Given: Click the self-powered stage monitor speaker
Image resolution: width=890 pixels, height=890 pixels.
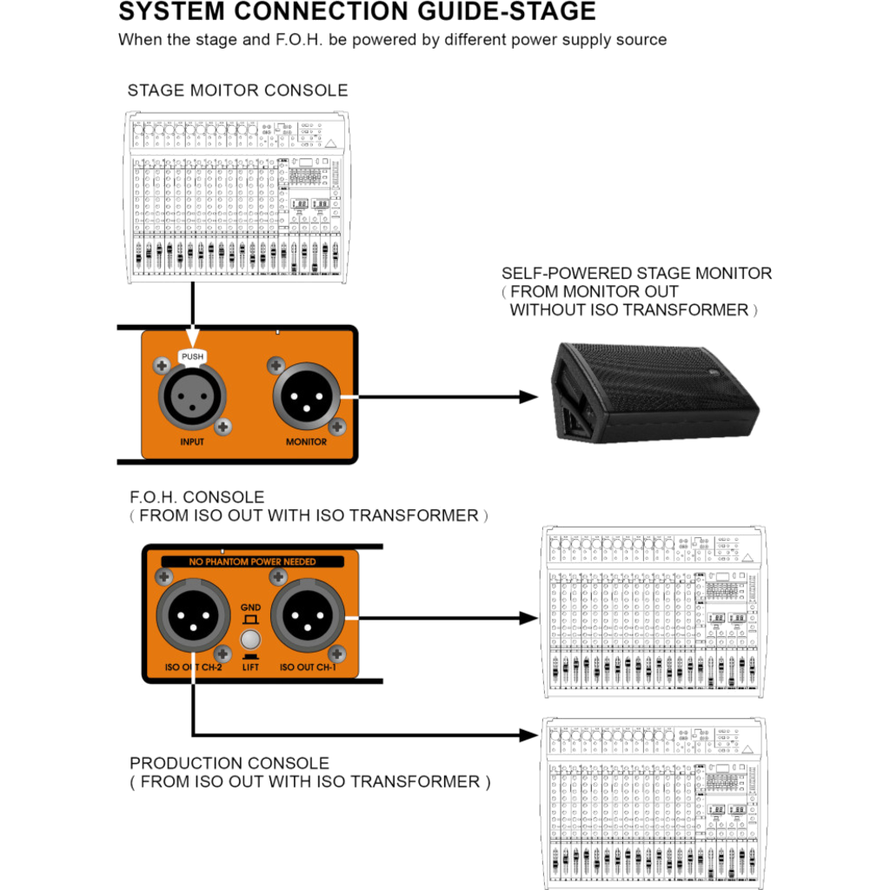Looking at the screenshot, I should [x=655, y=391].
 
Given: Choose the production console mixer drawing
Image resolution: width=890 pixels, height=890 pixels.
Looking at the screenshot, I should [x=654, y=804].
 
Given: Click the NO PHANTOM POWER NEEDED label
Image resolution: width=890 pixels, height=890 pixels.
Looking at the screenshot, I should [x=252, y=562].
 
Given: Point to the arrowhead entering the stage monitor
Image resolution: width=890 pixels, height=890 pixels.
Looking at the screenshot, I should [x=528, y=396].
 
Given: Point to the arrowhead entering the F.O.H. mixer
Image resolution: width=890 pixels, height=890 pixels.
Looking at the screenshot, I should [x=528, y=617].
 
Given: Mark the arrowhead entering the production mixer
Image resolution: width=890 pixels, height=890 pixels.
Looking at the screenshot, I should [x=528, y=734].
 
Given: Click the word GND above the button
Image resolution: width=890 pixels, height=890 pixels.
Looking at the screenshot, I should [x=250, y=606].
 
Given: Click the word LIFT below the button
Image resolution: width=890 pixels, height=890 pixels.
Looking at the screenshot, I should [x=250, y=667].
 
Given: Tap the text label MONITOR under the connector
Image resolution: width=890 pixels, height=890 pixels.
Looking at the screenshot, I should [x=307, y=442].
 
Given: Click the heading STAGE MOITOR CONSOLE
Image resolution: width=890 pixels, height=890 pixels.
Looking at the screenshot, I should [x=237, y=90].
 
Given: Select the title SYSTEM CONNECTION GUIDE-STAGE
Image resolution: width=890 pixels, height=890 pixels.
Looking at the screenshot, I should [x=357, y=11].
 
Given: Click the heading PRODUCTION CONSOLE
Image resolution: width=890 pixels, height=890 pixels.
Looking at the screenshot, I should [x=229, y=763].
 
